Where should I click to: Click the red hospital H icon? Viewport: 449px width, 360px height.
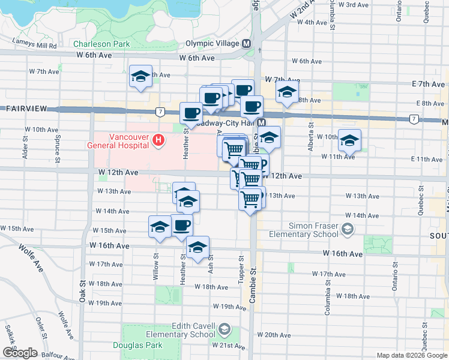pos(158,140)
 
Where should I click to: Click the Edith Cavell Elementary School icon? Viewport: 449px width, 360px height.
pos(224,329)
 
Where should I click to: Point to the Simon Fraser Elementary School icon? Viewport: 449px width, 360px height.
pos(347,229)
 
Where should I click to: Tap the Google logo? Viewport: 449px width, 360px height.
pos(19,352)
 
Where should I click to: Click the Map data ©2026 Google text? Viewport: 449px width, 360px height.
pos(411,355)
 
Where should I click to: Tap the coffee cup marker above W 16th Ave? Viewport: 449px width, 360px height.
pos(182,226)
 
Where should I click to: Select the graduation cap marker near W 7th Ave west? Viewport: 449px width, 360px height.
pos(140,76)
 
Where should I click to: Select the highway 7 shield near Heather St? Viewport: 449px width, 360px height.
pos(160,112)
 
